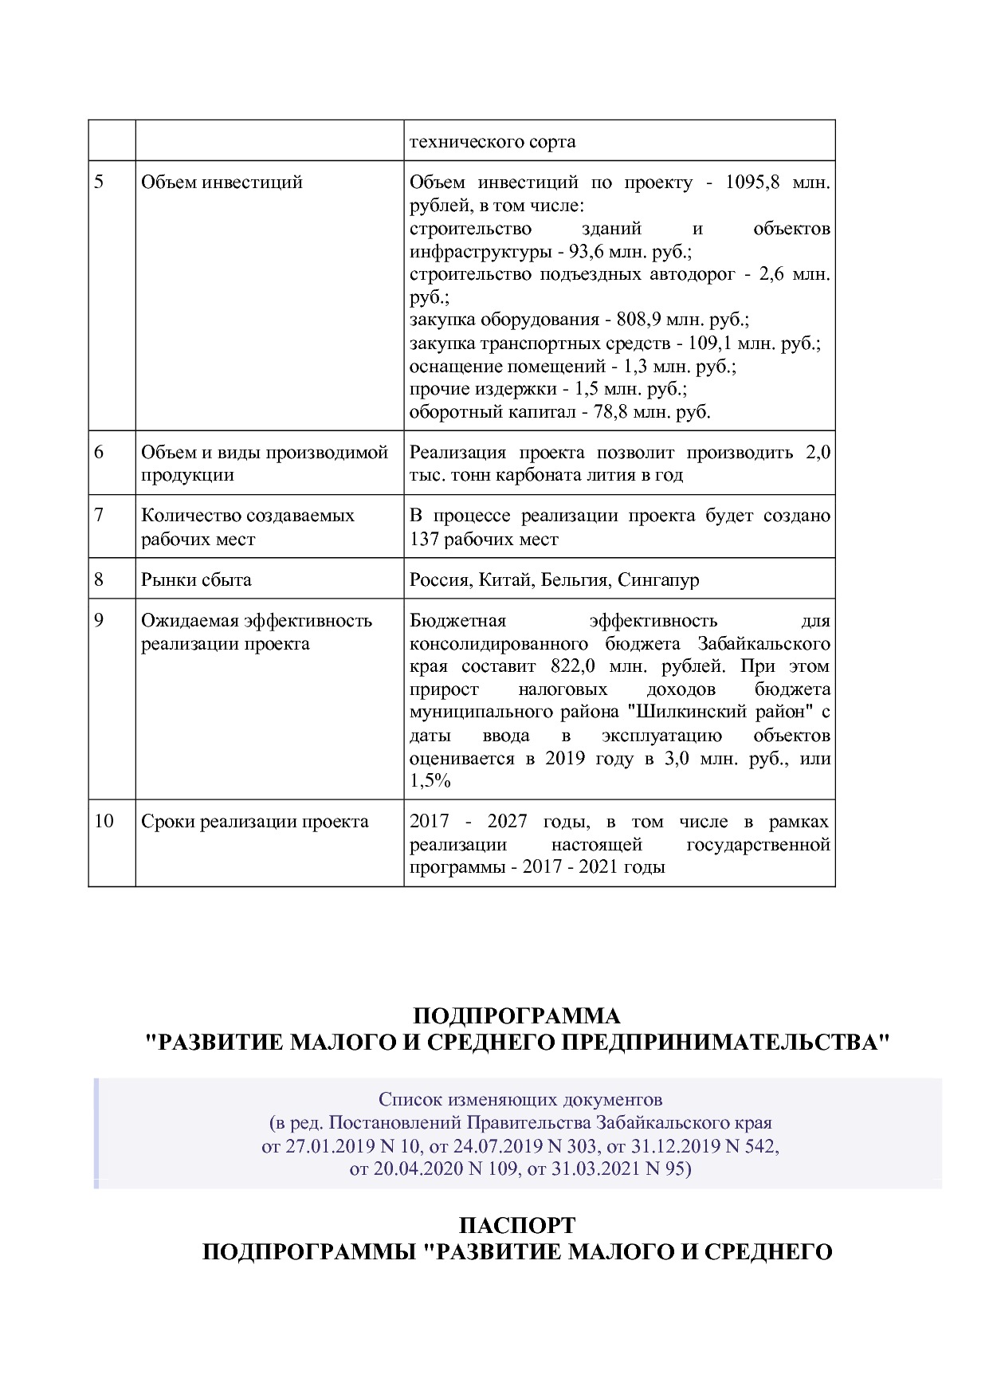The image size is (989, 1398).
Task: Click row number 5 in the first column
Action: [99, 182]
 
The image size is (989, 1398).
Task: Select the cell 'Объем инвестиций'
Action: [222, 182]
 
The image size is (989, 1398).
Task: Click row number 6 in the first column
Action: [99, 452]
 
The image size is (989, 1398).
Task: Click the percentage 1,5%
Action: [430, 781]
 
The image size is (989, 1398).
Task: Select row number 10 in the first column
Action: [104, 821]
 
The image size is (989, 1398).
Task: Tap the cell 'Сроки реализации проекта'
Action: [255, 821]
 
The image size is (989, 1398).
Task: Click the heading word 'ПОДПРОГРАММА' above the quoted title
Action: [516, 1016]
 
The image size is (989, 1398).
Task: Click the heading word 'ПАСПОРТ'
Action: [517, 1225]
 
